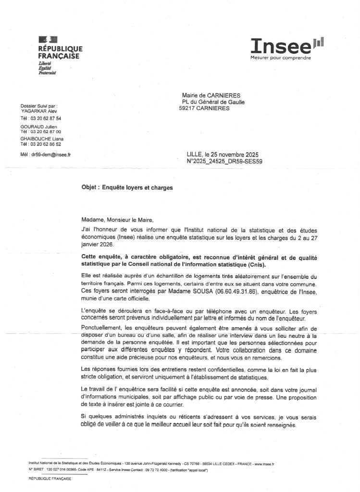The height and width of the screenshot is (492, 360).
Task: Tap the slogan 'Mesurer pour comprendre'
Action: tap(280, 59)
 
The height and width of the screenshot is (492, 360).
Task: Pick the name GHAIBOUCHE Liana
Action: tap(42, 139)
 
